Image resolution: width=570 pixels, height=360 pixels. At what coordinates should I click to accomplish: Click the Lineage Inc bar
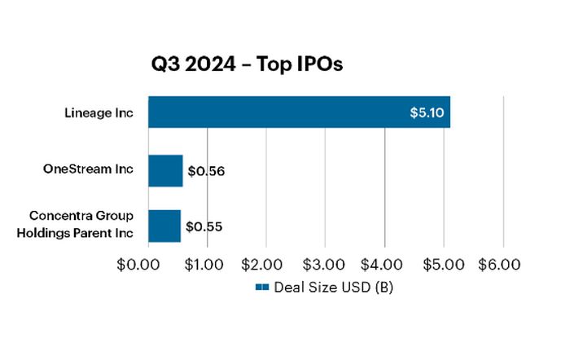click(x=299, y=112)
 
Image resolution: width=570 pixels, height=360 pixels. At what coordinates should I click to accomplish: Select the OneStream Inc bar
click(x=165, y=171)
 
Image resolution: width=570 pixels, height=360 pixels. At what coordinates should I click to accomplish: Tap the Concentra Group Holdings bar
click(x=164, y=226)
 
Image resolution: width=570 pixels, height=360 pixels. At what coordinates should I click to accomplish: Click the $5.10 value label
click(x=427, y=112)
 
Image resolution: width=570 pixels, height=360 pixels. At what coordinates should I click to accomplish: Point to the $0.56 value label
click(x=206, y=172)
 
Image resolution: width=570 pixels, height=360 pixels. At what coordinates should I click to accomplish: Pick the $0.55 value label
click(x=204, y=226)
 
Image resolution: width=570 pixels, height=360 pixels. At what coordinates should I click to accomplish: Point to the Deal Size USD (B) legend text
click(x=334, y=287)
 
